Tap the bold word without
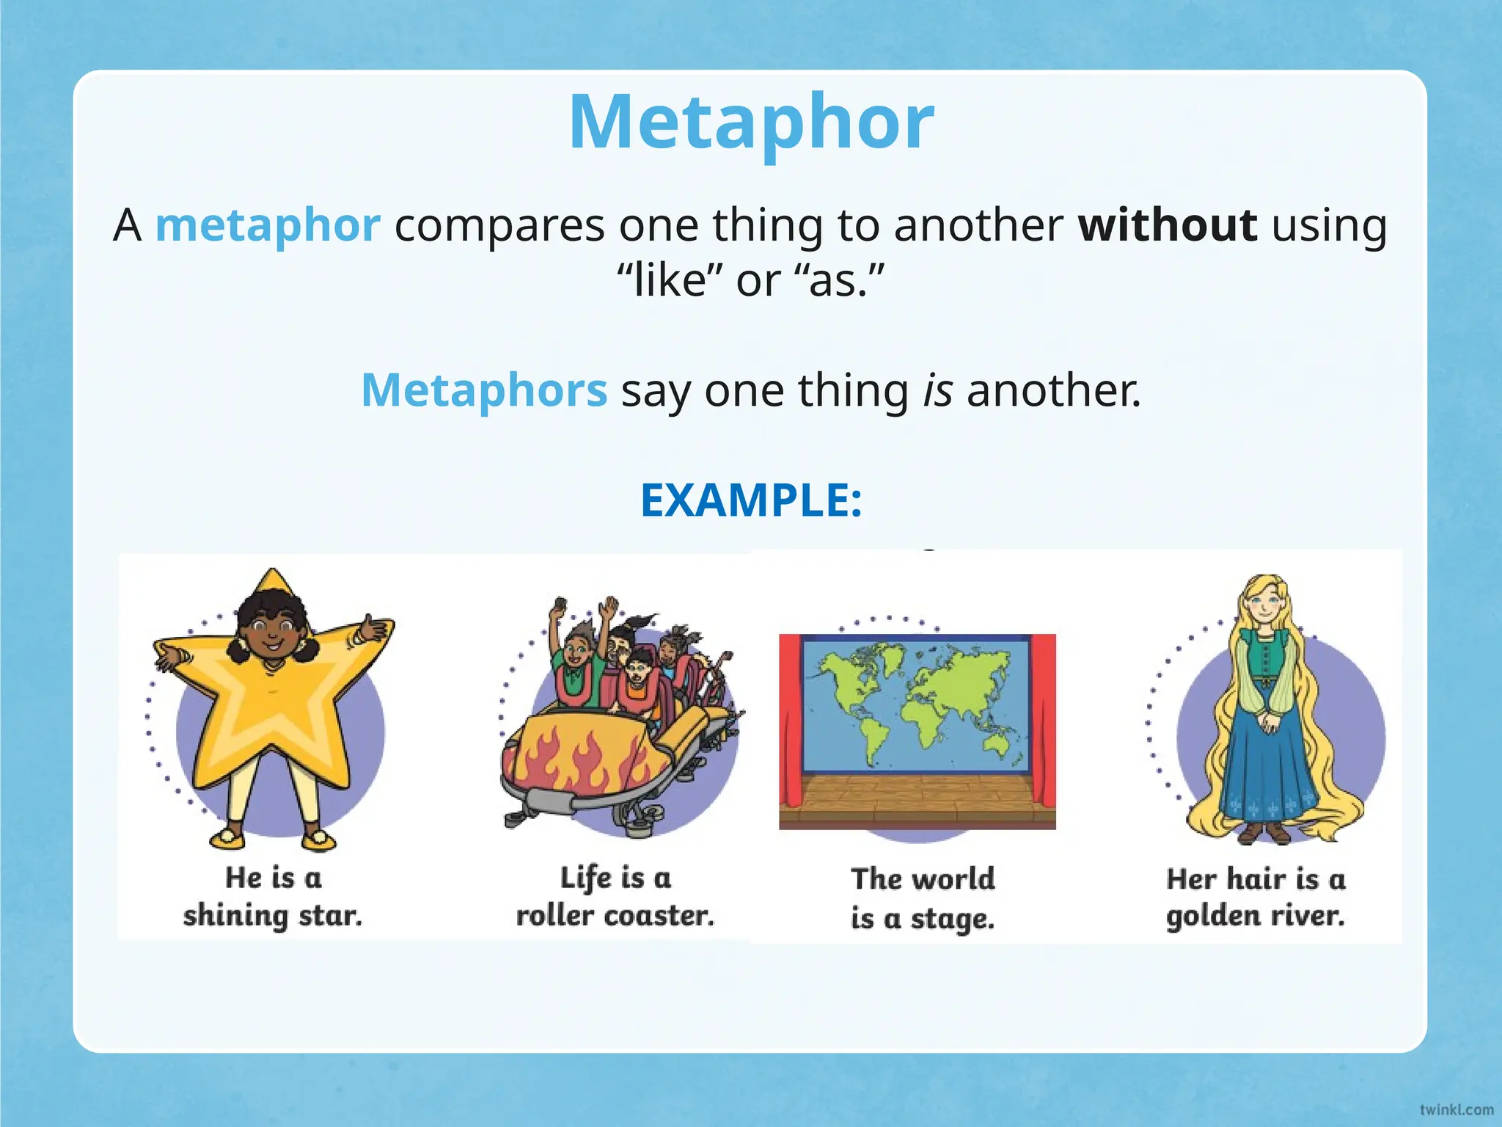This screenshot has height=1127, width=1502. (x=1168, y=225)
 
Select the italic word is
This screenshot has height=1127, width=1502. (x=937, y=390)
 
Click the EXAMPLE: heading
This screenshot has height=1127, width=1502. (x=751, y=500)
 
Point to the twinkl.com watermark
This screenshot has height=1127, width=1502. (x=1456, y=1109)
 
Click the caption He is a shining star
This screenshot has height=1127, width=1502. (x=273, y=897)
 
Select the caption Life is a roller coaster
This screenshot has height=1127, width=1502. (x=615, y=897)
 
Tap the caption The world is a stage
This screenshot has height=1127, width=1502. (x=923, y=898)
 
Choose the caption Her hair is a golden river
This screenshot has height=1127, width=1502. (x=1256, y=897)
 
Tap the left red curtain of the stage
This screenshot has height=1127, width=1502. (x=791, y=719)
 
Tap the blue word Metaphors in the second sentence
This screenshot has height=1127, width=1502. (x=484, y=390)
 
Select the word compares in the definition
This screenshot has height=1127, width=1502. (x=499, y=225)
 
